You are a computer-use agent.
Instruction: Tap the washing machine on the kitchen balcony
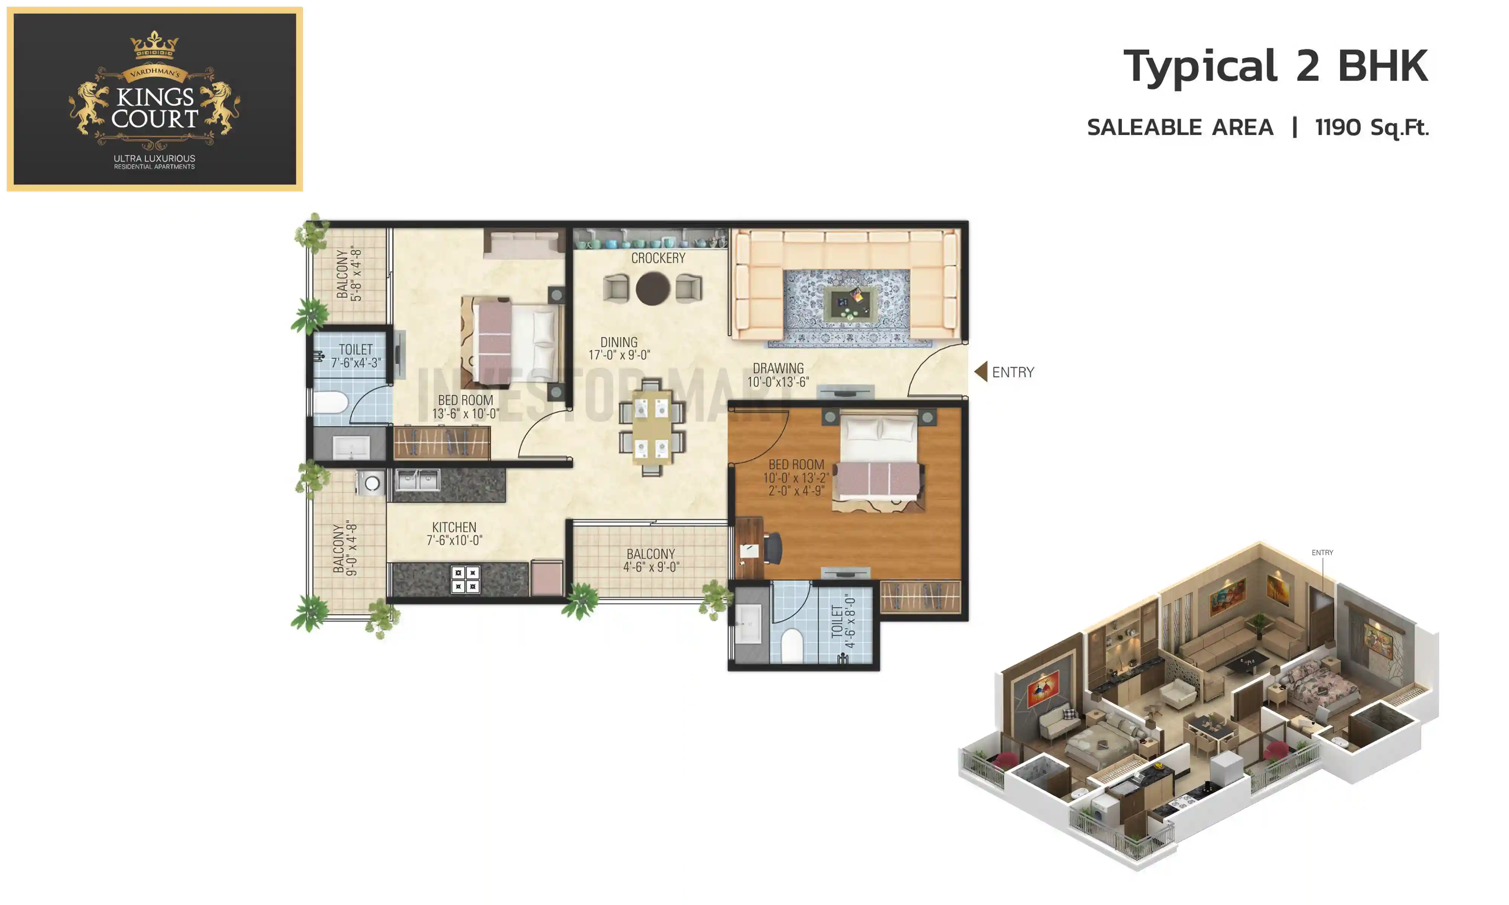tap(370, 483)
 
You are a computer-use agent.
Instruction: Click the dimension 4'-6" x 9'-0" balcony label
tap(650, 560)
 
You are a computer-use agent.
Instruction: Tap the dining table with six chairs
tap(652, 427)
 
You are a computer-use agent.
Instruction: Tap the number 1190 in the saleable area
tap(1337, 127)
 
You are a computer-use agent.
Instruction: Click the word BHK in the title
tap(1382, 66)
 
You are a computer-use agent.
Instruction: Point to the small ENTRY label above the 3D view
tap(1322, 552)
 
